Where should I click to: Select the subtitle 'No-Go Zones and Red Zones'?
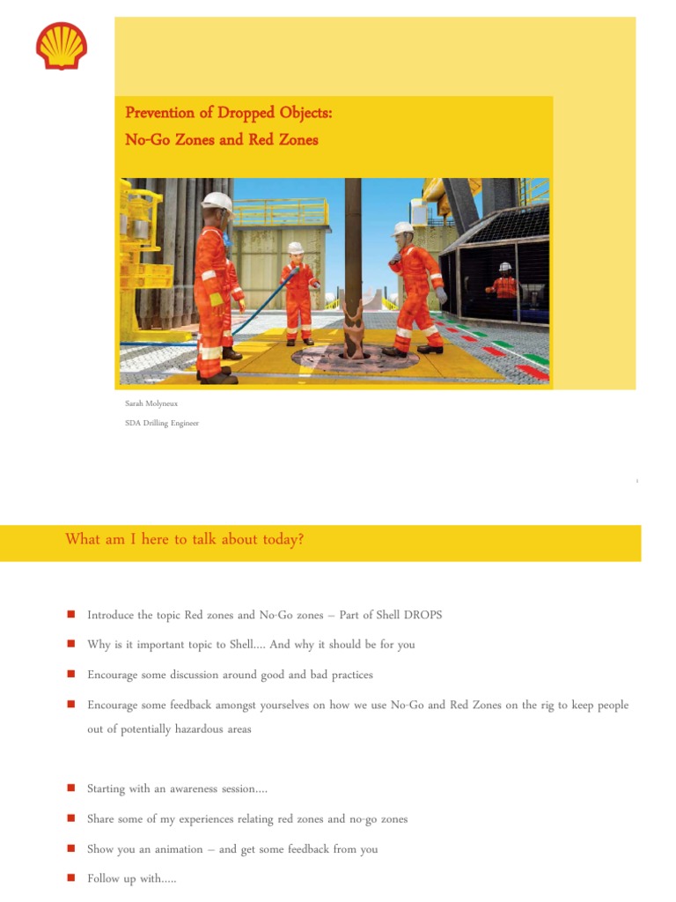pos(221,139)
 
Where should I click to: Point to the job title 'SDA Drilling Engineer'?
pos(162,423)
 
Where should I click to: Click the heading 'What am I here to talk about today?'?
pos(185,539)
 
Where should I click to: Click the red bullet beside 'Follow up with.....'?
pos(70,879)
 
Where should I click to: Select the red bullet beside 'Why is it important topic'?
pos(70,645)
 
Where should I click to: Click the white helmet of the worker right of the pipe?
pos(403,229)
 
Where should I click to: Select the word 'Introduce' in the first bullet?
pos(112,615)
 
